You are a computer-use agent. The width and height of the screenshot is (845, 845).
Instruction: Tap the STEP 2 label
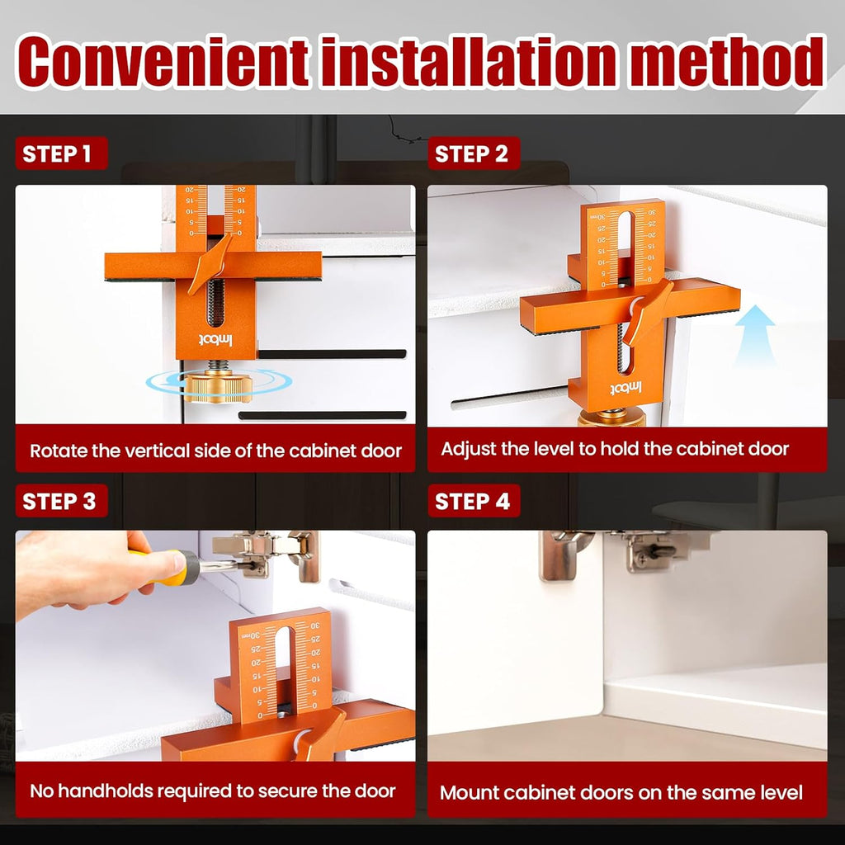(471, 153)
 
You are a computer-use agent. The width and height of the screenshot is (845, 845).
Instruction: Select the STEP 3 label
(59, 501)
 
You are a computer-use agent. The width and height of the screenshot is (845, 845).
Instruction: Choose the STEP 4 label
(472, 501)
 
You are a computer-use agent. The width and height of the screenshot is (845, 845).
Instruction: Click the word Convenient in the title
(163, 62)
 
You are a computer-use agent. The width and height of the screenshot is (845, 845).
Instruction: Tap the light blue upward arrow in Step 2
(754, 335)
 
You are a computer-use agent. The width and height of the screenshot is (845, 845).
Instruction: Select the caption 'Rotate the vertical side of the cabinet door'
(215, 451)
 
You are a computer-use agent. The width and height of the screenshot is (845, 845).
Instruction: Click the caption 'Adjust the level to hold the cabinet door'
(615, 449)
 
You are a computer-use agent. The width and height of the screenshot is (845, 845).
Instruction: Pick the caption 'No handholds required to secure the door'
(213, 790)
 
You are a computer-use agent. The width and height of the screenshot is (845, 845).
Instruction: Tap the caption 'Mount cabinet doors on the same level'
(621, 792)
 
